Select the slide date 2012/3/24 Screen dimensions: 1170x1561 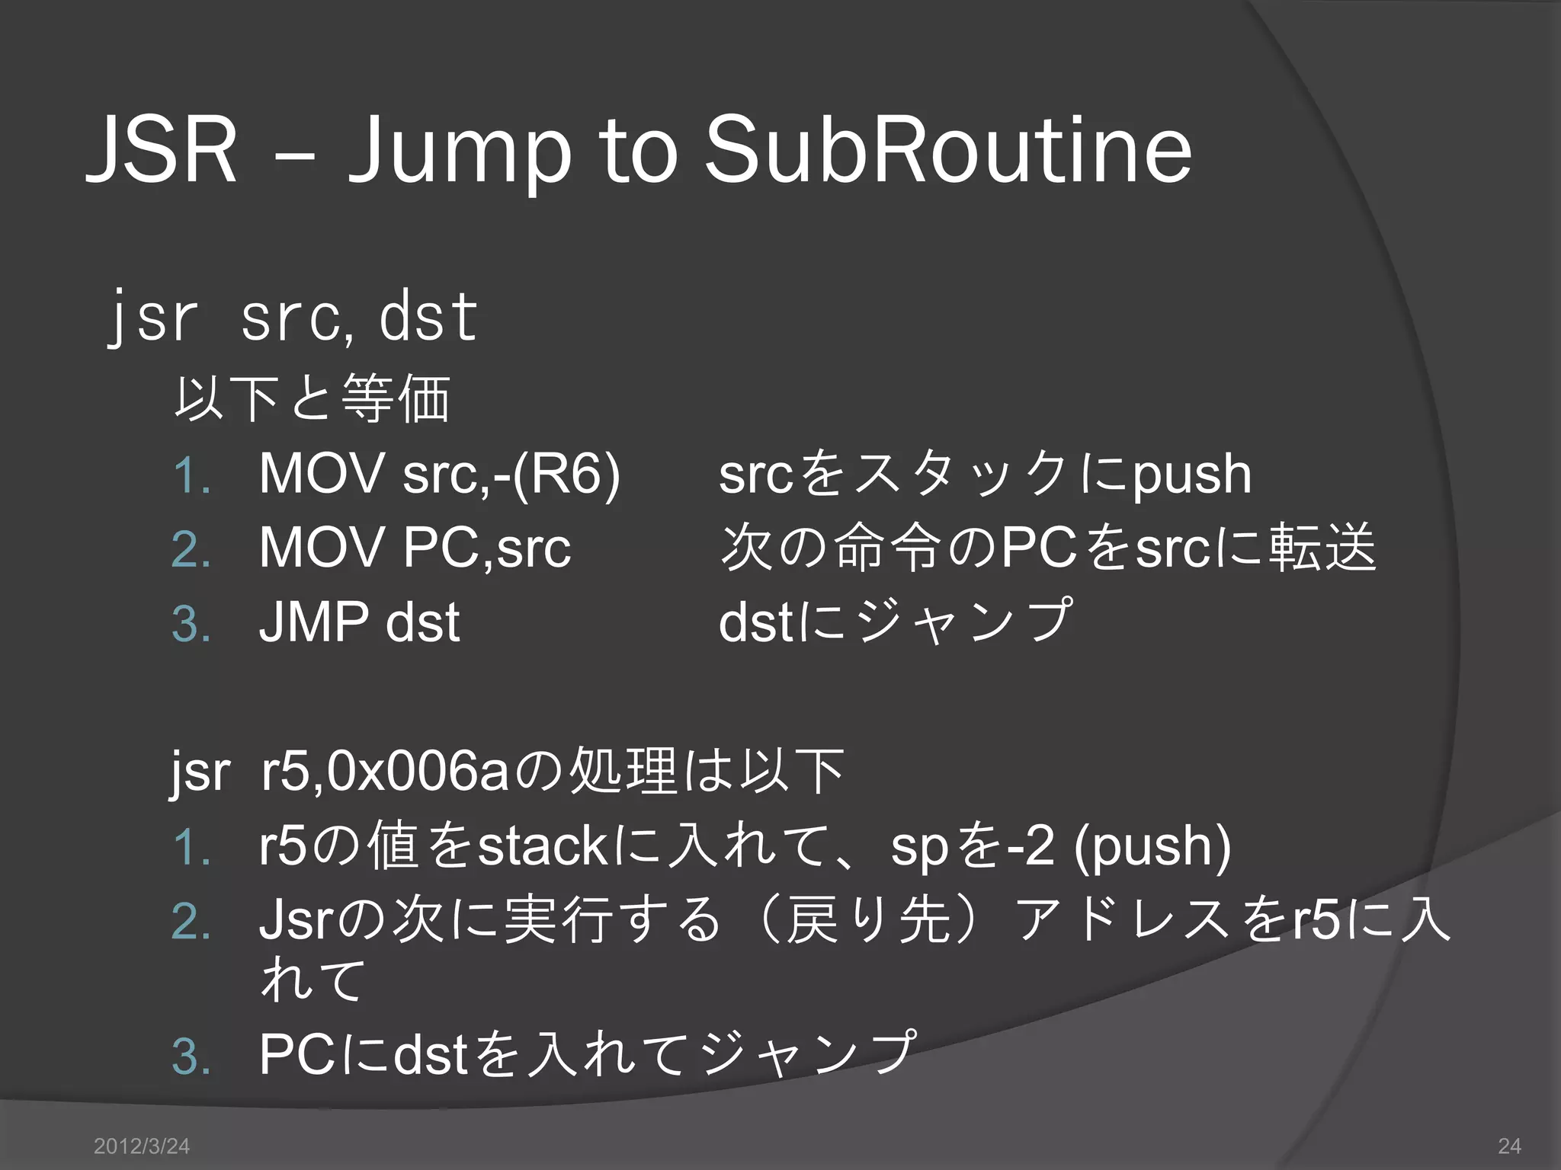[x=141, y=1146]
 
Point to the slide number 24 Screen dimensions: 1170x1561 [x=1509, y=1146]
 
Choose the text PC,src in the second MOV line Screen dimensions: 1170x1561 [x=487, y=548]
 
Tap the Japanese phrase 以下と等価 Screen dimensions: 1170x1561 [x=313, y=398]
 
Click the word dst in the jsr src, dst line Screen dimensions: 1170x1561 [x=428, y=317]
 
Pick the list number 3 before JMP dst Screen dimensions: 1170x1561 [x=191, y=624]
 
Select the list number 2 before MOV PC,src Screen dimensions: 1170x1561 [x=191, y=549]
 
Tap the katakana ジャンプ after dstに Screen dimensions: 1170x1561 [x=965, y=621]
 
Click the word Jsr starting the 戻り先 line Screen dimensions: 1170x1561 [x=293, y=920]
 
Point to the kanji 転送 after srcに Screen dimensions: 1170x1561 [x=1323, y=548]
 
